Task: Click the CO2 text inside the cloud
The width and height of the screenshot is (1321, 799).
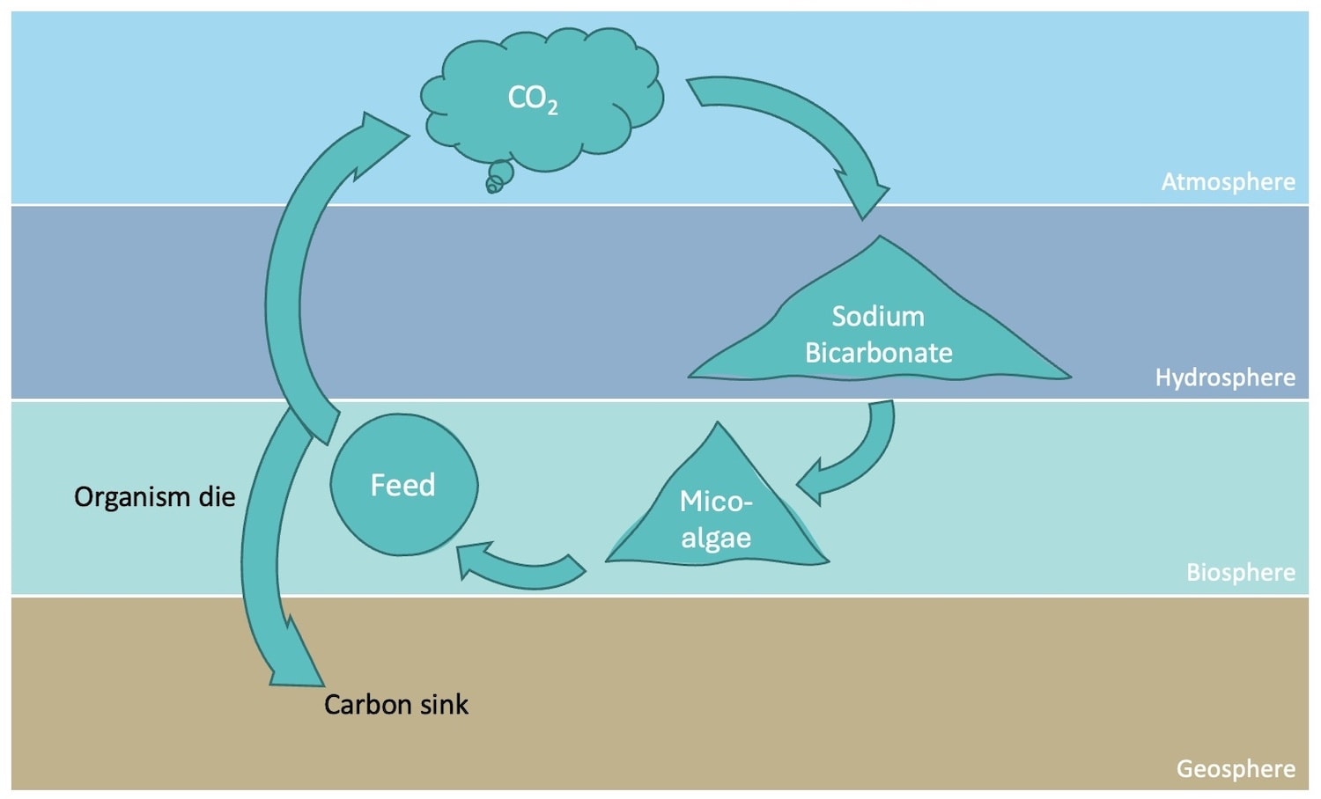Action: tap(532, 99)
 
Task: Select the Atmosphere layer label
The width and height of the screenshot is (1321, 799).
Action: tap(1228, 182)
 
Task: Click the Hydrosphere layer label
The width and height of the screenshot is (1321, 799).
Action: tap(1224, 378)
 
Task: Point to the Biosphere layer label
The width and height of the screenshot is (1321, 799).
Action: tap(1240, 573)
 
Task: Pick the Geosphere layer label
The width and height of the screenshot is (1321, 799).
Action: tap(1235, 769)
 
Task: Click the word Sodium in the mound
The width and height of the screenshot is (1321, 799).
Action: tap(878, 317)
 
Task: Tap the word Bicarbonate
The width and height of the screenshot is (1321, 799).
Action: tap(878, 353)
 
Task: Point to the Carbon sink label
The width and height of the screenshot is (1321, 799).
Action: tap(395, 705)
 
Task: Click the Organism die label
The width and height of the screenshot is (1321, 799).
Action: tap(154, 497)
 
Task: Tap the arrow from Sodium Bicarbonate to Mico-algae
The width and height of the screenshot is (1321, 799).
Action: tap(859, 458)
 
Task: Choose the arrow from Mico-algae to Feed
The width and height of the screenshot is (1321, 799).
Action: tap(520, 570)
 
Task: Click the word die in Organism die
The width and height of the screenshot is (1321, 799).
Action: tap(217, 497)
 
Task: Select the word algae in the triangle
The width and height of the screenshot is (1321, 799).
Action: tap(716, 538)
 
